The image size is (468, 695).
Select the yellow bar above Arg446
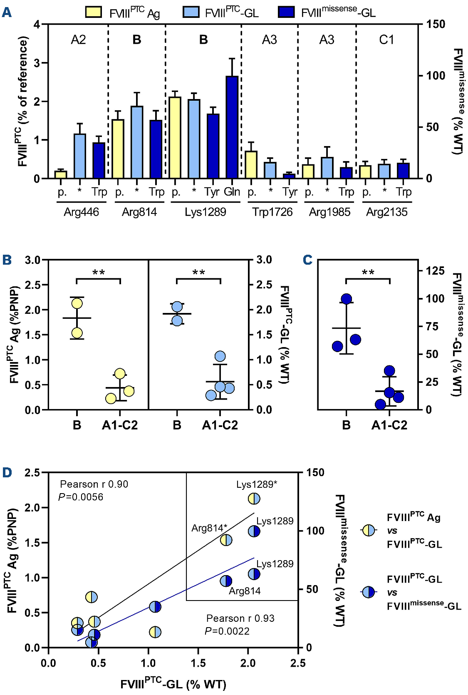61,174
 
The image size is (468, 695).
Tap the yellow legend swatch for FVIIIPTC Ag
93,12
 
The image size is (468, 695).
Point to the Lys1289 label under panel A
206,212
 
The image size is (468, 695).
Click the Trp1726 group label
272,212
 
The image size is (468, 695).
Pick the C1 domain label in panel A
386,40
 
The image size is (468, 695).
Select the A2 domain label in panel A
78,40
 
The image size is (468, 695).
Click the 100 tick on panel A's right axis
436,76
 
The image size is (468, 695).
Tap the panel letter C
307,260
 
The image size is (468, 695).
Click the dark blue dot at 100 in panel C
347,299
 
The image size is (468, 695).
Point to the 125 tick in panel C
435,271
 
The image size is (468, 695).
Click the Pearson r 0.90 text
94,484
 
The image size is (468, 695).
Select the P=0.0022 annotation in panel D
227,631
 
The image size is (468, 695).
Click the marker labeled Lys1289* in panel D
254,499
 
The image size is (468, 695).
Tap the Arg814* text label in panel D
209,528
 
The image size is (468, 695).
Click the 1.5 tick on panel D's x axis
198,663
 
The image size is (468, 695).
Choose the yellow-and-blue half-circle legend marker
369,530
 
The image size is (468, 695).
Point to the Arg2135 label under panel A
387,212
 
